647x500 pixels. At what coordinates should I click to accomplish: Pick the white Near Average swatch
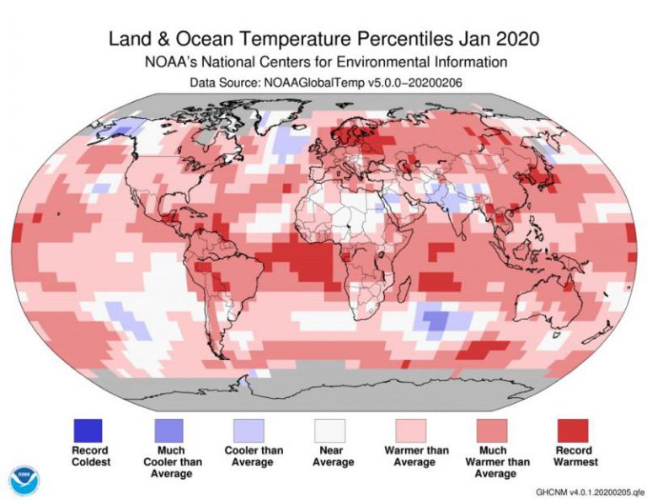click(330, 428)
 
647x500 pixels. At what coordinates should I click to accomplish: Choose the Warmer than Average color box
click(410, 428)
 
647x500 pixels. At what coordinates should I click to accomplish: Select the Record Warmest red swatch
click(573, 428)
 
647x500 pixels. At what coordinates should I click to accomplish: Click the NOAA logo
click(25, 479)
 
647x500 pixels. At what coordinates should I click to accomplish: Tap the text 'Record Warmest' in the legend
click(573, 456)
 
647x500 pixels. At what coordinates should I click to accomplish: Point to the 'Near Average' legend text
click(330, 456)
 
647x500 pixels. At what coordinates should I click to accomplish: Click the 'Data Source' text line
click(323, 82)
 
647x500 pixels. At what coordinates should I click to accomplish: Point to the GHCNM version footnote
click(585, 491)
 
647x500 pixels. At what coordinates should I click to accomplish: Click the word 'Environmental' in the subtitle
click(411, 62)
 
